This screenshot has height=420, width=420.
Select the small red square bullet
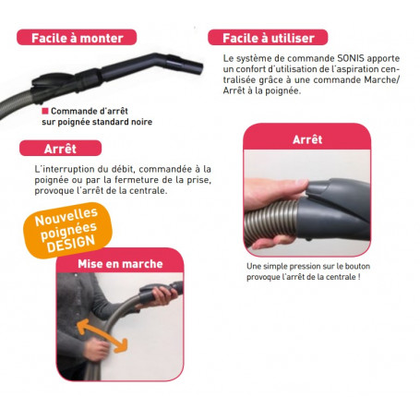click(45, 110)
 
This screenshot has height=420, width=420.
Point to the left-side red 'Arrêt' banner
click(60, 148)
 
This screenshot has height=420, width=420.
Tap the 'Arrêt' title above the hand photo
click(306, 139)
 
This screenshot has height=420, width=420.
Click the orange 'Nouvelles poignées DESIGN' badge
click(71, 232)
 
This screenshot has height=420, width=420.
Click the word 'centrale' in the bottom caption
click(334, 277)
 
